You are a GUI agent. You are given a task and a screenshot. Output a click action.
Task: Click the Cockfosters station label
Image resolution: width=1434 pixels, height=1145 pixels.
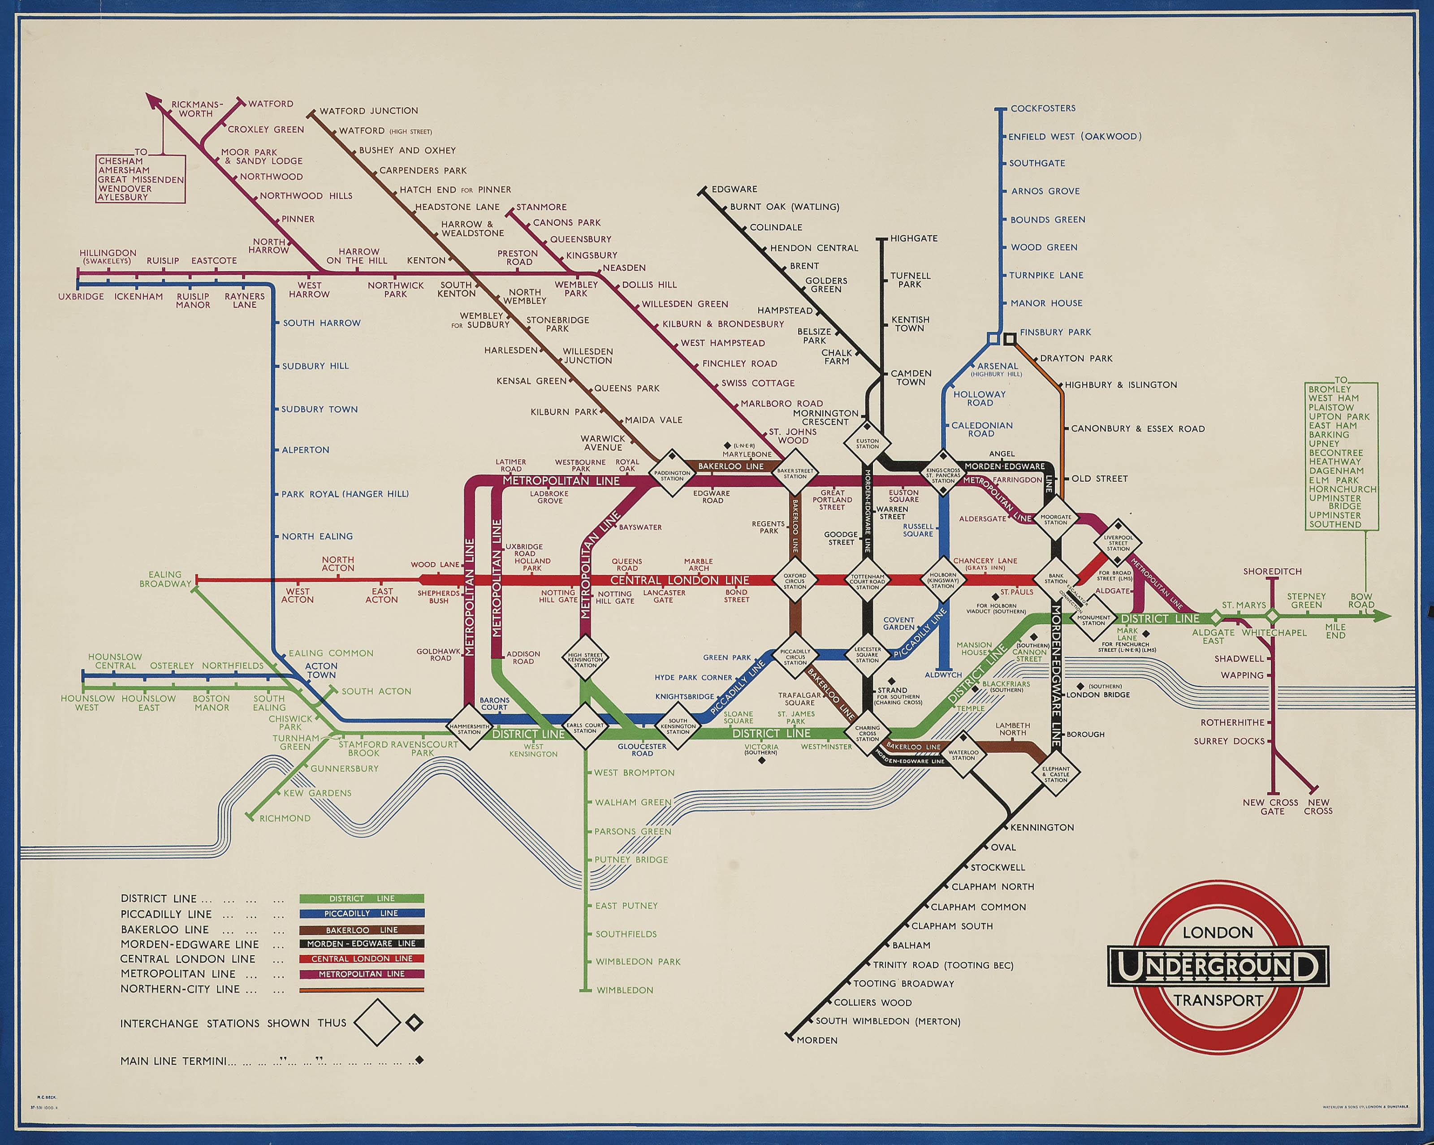tap(1042, 108)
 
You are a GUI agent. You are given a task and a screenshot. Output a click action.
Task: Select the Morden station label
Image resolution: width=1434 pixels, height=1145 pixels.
tap(817, 1040)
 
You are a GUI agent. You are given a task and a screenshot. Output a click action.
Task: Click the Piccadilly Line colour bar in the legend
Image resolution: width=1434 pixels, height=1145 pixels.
tap(361, 913)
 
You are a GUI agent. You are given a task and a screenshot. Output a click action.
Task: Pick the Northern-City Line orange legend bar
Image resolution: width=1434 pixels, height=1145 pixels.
tap(361, 990)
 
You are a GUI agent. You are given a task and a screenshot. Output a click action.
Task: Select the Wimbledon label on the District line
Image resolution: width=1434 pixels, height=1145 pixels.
tap(625, 990)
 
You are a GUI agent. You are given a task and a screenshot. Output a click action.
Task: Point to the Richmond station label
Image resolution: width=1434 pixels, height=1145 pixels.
tap(285, 818)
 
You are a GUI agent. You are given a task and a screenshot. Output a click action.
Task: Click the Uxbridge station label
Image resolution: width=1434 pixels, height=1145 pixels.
tap(81, 297)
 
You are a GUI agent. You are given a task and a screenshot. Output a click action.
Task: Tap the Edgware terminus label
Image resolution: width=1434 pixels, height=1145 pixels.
tap(734, 190)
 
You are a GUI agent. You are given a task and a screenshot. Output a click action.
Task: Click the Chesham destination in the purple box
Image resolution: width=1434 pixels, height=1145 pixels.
tap(121, 161)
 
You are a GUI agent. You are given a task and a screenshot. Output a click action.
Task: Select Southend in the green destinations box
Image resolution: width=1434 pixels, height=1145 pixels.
tap(1335, 524)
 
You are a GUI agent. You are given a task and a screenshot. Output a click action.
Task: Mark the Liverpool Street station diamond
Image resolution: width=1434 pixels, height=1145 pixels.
tap(1118, 543)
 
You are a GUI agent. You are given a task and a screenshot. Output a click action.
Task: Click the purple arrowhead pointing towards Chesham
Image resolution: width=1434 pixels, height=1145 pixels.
tap(153, 100)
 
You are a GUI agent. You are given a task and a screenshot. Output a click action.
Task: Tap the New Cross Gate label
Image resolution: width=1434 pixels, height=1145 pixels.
tap(1270, 806)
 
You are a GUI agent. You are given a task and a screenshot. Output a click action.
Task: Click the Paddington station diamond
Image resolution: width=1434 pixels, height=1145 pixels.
tap(672, 473)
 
